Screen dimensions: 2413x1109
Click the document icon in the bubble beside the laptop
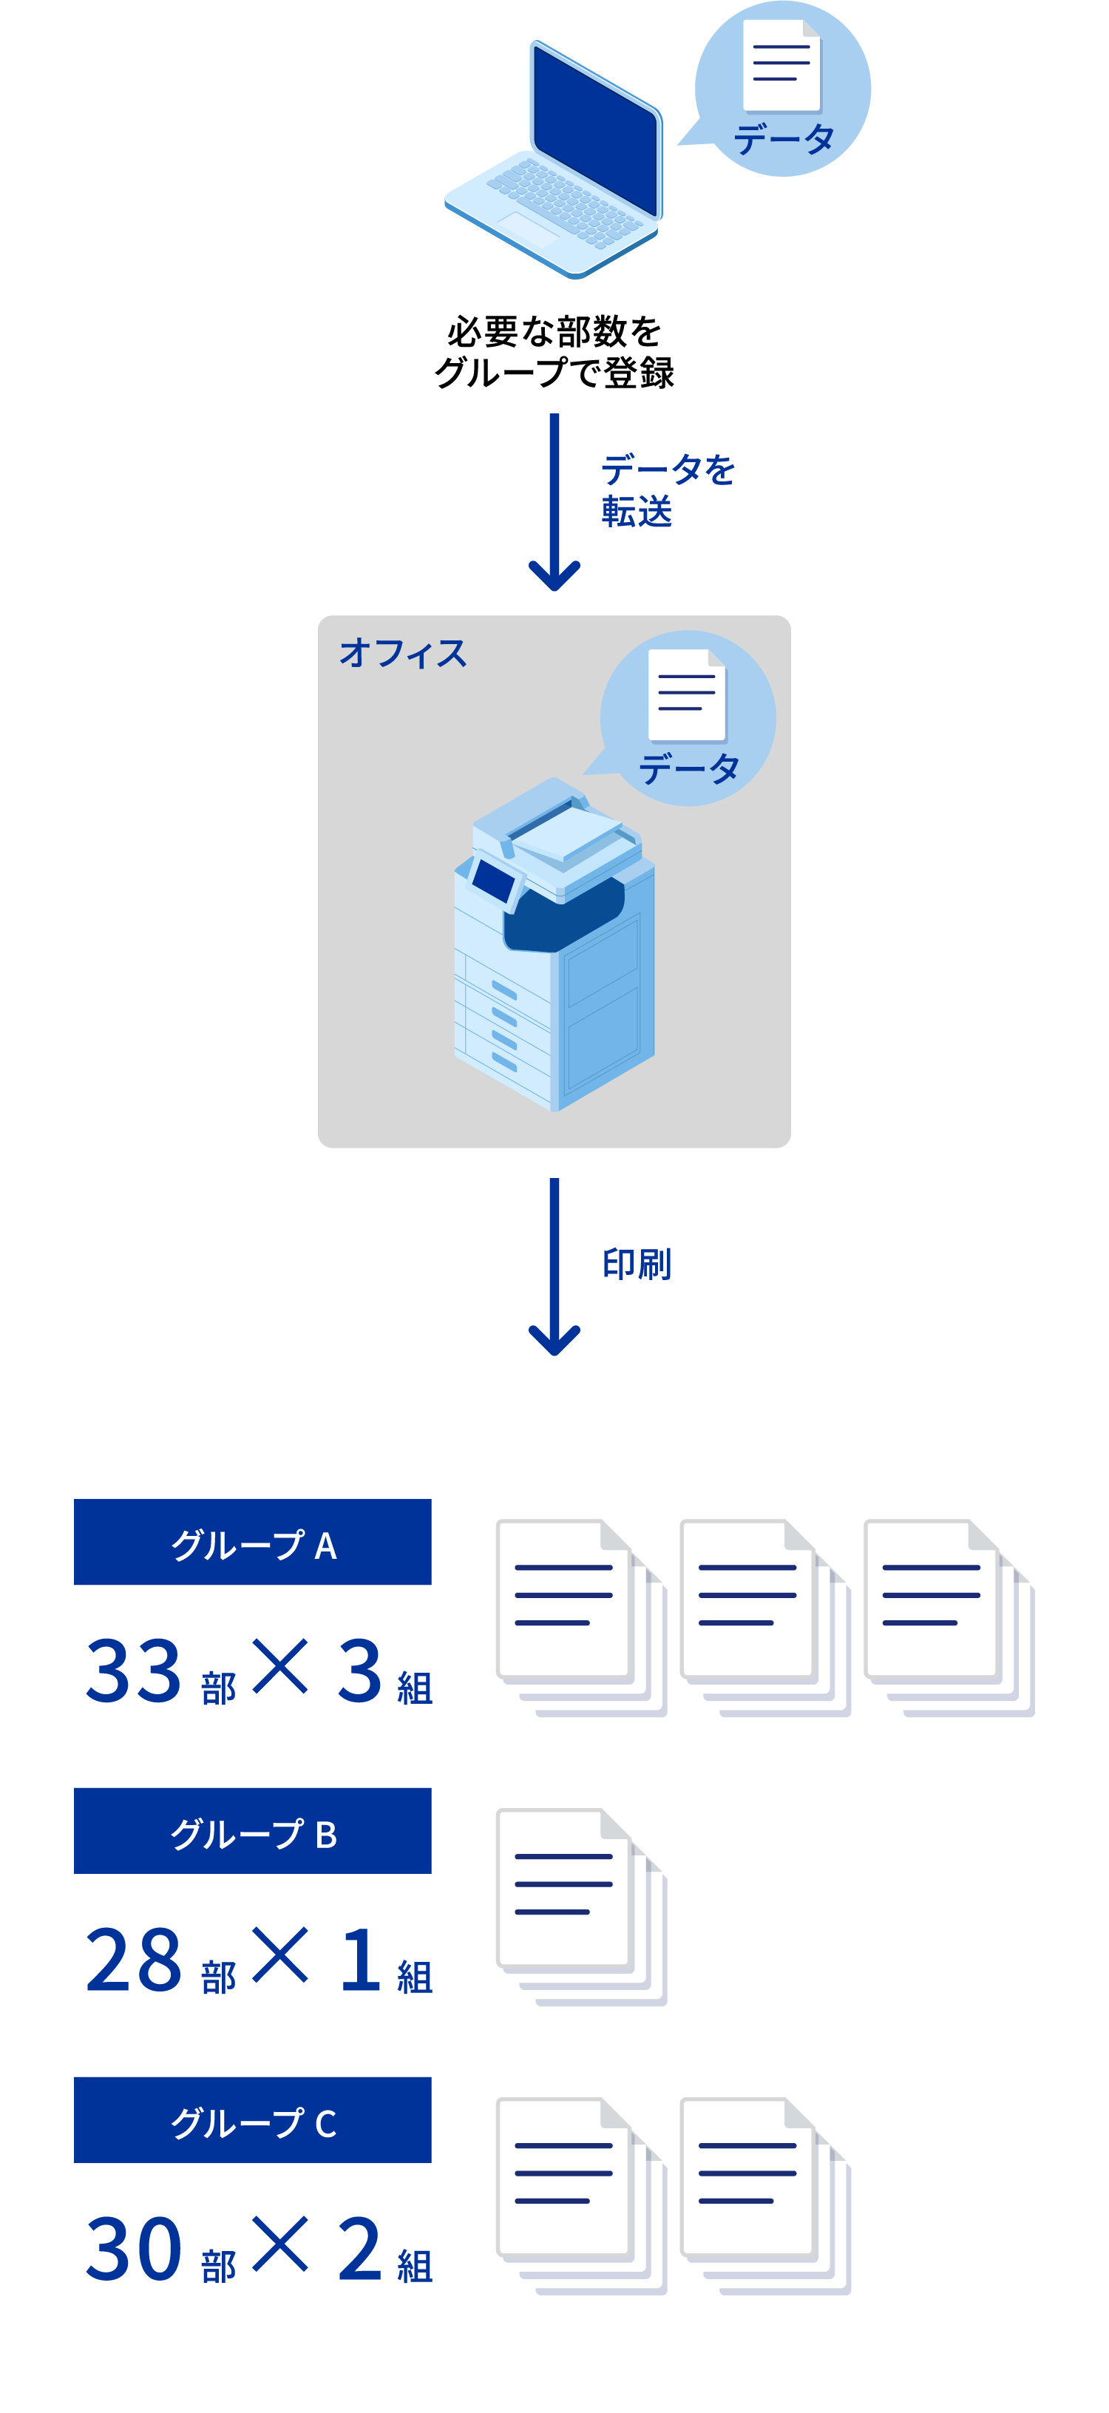781,66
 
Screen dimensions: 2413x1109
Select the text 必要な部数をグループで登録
554,352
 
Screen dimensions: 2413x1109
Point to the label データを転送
667,490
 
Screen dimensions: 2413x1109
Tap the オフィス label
403,653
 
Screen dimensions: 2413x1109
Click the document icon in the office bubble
687,694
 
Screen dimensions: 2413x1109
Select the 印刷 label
637,1264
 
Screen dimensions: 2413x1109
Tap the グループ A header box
253,1542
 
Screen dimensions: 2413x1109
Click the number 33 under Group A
133,1671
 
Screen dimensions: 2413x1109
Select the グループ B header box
253,1830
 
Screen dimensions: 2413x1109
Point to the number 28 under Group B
133,1960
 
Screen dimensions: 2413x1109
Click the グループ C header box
253,2120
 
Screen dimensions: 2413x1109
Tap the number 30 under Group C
133,2249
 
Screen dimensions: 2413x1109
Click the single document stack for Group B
580,1906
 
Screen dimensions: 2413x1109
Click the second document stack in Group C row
764,2196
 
